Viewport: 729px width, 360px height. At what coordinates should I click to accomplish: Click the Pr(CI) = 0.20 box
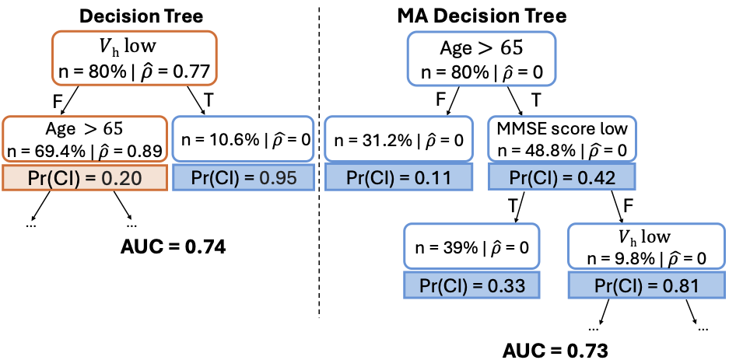[86, 177]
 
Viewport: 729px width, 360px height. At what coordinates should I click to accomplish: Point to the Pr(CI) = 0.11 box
[398, 177]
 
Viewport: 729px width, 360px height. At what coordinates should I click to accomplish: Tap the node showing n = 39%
[471, 247]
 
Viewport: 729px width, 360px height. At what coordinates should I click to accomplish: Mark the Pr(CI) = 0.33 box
[471, 285]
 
